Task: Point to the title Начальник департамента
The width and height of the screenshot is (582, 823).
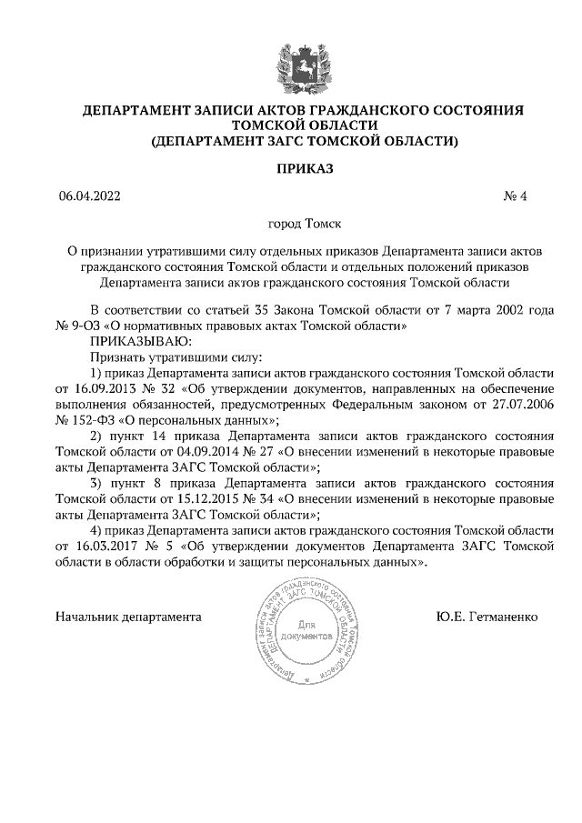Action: point(128,617)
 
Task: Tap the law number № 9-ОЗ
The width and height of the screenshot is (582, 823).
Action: point(82,326)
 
